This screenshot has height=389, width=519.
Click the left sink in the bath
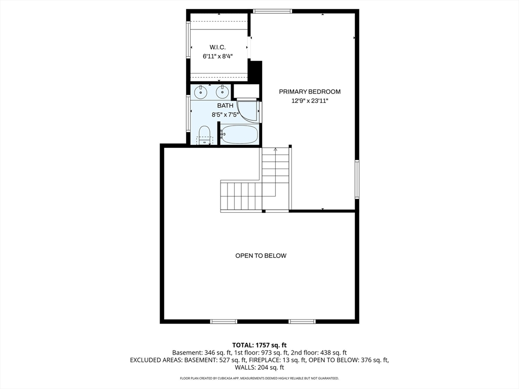[201, 92]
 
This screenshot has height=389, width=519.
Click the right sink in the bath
[221, 92]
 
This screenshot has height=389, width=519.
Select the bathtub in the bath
[240, 135]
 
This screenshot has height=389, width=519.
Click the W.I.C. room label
[218, 47]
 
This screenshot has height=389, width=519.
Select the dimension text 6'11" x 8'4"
[218, 56]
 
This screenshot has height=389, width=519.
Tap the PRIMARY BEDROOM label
[310, 92]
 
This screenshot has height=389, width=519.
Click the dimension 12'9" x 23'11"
[310, 101]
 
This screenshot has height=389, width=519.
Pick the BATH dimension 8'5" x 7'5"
[225, 114]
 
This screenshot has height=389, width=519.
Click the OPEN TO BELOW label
[261, 256]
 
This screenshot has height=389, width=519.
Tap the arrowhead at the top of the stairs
[276, 149]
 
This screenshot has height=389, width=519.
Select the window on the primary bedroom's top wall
[273, 11]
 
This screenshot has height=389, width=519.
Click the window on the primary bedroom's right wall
[357, 179]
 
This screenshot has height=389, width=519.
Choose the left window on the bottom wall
[224, 321]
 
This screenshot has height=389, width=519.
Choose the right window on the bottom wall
[302, 321]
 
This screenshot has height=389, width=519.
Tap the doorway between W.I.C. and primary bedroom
[249, 48]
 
